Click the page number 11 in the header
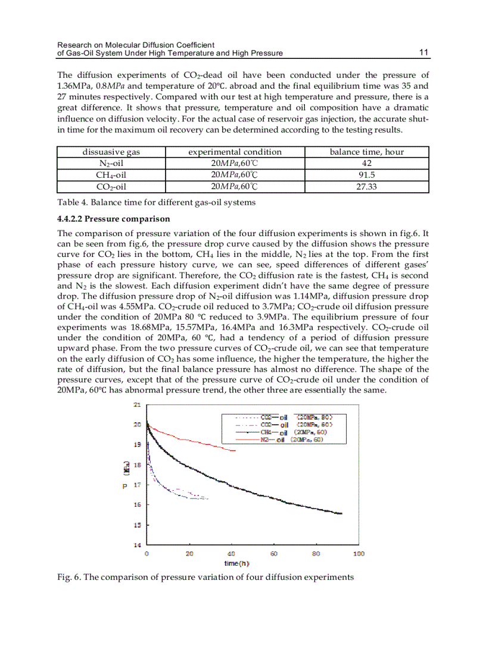(x=424, y=53)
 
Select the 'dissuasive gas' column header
(x=111, y=152)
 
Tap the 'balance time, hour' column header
(x=366, y=152)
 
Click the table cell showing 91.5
(x=366, y=175)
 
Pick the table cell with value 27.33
(x=366, y=187)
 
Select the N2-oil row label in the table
(x=111, y=164)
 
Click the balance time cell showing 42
(x=366, y=164)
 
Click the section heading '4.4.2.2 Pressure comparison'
(x=113, y=219)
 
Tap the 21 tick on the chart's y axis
(x=136, y=405)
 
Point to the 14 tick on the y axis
(x=136, y=545)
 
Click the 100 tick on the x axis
(x=359, y=554)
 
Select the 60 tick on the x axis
(x=274, y=554)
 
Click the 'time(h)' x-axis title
(x=236, y=563)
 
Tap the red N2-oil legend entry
(x=280, y=440)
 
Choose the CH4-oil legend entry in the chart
(x=280, y=432)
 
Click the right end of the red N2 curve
(x=236, y=451)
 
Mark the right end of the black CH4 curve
(x=342, y=513)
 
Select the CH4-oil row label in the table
(x=111, y=175)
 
